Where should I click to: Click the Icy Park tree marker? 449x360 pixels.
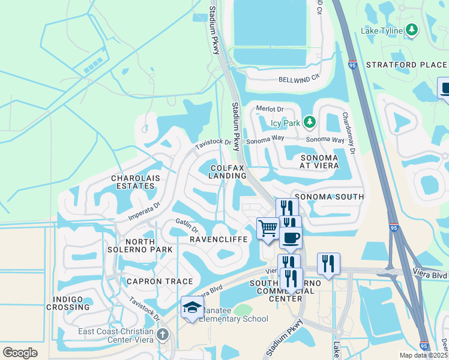click(310, 123)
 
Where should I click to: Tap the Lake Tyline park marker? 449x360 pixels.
click(411, 29)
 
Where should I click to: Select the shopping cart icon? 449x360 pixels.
click(267, 228)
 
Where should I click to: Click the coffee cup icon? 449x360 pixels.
click(291, 237)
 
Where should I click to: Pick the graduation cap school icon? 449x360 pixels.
click(192, 308)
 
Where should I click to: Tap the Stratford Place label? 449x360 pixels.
click(406, 65)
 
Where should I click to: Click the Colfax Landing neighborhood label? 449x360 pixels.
click(228, 171)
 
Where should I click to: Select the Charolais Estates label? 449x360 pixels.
click(133, 182)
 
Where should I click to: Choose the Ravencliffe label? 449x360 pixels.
click(219, 239)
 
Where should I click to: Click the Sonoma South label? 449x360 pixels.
click(328, 197)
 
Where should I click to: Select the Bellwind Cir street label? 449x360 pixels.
click(297, 80)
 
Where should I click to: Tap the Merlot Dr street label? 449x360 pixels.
click(269, 109)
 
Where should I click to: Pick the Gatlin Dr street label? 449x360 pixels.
click(187, 227)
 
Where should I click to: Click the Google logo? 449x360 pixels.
click(20, 353)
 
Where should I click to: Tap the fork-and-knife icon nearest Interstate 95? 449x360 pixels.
click(328, 263)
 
